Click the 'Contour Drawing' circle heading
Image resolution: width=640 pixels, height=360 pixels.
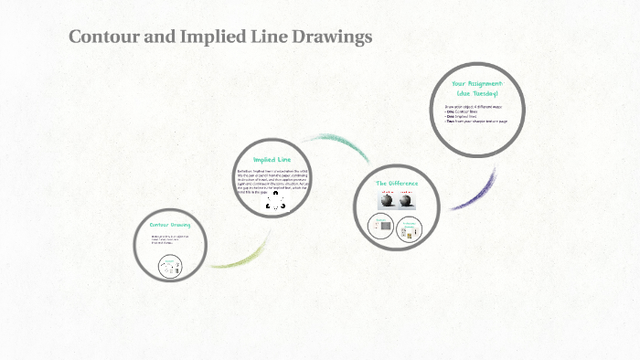coord(169,224)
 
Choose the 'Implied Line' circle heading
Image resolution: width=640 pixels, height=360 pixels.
coord(272,159)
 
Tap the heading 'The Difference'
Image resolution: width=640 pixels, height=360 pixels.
coord(397,183)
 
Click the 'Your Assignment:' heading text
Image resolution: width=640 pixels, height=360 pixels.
coord(477,83)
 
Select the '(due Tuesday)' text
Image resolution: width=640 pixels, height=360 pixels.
coord(477,93)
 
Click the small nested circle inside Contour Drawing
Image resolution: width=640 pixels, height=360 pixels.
coord(169,266)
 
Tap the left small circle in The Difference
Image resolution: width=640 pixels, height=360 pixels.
coord(381,227)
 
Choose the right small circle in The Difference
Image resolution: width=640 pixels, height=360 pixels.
coord(411,228)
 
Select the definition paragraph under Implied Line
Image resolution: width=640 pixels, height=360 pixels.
coord(272,181)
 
